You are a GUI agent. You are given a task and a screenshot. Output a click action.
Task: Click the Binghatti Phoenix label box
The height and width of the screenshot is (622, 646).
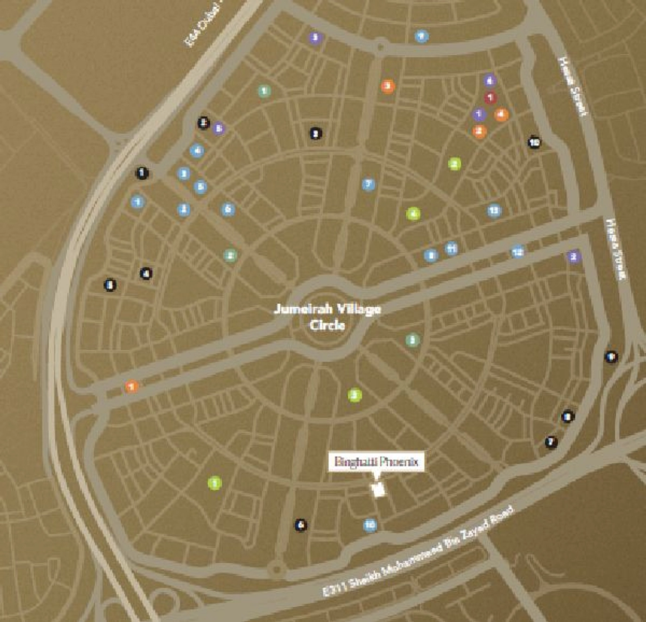point(376,462)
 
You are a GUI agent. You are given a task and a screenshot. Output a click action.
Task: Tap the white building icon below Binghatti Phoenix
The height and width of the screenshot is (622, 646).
point(379,489)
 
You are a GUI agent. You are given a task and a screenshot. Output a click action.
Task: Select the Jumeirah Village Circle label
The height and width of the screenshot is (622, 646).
point(327,317)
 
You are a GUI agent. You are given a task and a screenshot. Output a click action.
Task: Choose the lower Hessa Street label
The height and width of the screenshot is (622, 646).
point(616,250)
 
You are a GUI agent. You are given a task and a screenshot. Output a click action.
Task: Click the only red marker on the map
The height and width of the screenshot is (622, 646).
point(490,98)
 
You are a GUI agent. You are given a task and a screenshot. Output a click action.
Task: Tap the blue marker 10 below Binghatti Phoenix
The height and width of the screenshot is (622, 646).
point(369,525)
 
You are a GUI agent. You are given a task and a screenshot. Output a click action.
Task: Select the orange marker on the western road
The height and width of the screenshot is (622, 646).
point(132,386)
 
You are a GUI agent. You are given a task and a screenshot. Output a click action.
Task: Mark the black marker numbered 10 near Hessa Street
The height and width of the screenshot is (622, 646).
point(534,142)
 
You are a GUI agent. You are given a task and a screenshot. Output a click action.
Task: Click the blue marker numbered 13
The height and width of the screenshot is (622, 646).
point(494,211)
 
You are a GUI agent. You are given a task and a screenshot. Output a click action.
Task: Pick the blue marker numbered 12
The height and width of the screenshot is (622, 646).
point(518,252)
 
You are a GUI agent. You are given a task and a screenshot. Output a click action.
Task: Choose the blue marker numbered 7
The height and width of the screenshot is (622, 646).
point(368,184)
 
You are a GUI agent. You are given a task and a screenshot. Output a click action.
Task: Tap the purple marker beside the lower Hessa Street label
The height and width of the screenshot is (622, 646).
point(574,256)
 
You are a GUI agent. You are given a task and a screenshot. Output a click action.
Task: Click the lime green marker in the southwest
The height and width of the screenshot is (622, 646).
point(214,484)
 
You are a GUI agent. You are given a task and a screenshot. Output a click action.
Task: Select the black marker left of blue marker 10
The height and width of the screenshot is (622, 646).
point(301,525)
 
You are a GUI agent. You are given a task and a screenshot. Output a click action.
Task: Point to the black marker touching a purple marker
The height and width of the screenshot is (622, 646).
point(203,123)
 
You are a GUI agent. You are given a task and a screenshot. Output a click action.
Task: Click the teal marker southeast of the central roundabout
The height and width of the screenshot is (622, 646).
point(413,340)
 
